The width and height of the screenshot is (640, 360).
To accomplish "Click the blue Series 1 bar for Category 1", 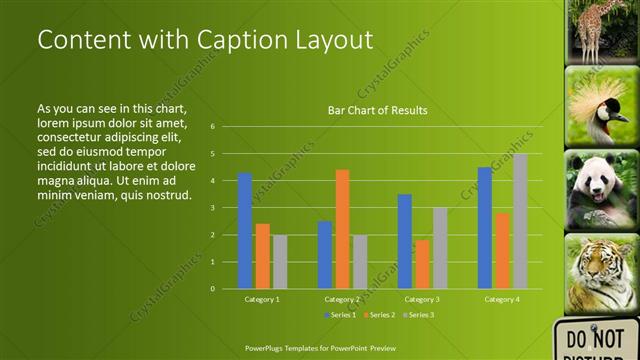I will click(x=245, y=231).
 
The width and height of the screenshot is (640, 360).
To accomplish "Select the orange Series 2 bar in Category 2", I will click(x=342, y=229).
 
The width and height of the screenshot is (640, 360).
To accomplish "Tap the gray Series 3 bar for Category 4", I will click(x=520, y=221).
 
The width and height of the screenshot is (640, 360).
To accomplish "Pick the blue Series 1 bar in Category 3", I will click(x=404, y=241).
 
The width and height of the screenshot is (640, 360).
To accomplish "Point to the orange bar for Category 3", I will click(x=422, y=264).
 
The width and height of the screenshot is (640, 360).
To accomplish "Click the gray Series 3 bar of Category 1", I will click(x=280, y=262).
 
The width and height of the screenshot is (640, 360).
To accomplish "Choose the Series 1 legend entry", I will click(x=340, y=314).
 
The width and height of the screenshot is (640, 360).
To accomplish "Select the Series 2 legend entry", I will click(x=379, y=314).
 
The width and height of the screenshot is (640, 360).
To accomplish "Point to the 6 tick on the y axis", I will click(x=213, y=127).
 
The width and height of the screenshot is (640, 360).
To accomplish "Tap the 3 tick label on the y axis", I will click(x=213, y=208).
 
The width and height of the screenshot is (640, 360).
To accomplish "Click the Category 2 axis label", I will click(x=342, y=299).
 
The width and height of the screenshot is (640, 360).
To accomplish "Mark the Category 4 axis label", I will click(x=502, y=299).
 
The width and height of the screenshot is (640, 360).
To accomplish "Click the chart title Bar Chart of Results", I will click(x=378, y=110).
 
